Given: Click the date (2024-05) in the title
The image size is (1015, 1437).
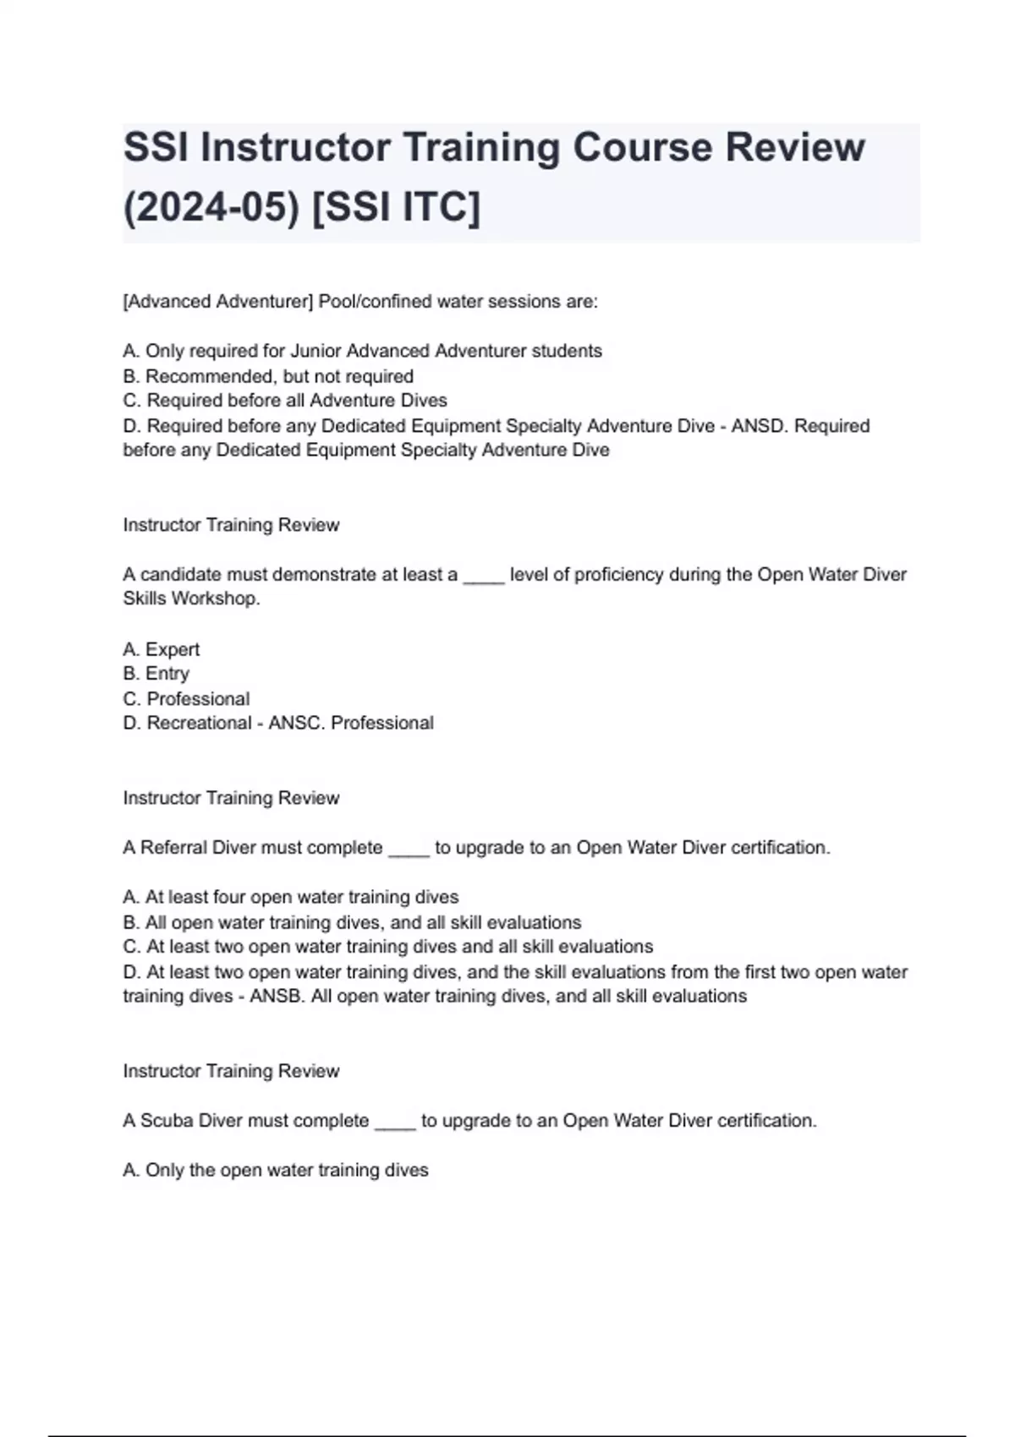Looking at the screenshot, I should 211,207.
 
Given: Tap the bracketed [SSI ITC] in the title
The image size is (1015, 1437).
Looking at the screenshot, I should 396,207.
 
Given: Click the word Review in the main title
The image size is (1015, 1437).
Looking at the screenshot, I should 795,148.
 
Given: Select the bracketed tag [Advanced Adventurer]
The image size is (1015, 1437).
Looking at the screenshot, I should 217,302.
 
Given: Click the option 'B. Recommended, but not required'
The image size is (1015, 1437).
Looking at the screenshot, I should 268,376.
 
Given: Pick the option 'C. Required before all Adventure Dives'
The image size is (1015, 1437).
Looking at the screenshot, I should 285,401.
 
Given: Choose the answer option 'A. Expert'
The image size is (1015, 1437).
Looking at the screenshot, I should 162,649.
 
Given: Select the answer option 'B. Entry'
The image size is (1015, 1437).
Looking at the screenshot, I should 156,674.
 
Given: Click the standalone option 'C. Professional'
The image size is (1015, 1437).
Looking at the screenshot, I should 186,699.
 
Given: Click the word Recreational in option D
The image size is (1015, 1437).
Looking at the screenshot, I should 200,724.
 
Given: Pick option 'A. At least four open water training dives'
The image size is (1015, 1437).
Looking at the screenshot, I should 291,897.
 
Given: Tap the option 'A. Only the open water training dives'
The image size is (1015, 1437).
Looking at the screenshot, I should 276,1170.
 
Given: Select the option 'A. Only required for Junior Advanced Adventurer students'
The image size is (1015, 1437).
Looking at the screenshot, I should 362,351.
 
